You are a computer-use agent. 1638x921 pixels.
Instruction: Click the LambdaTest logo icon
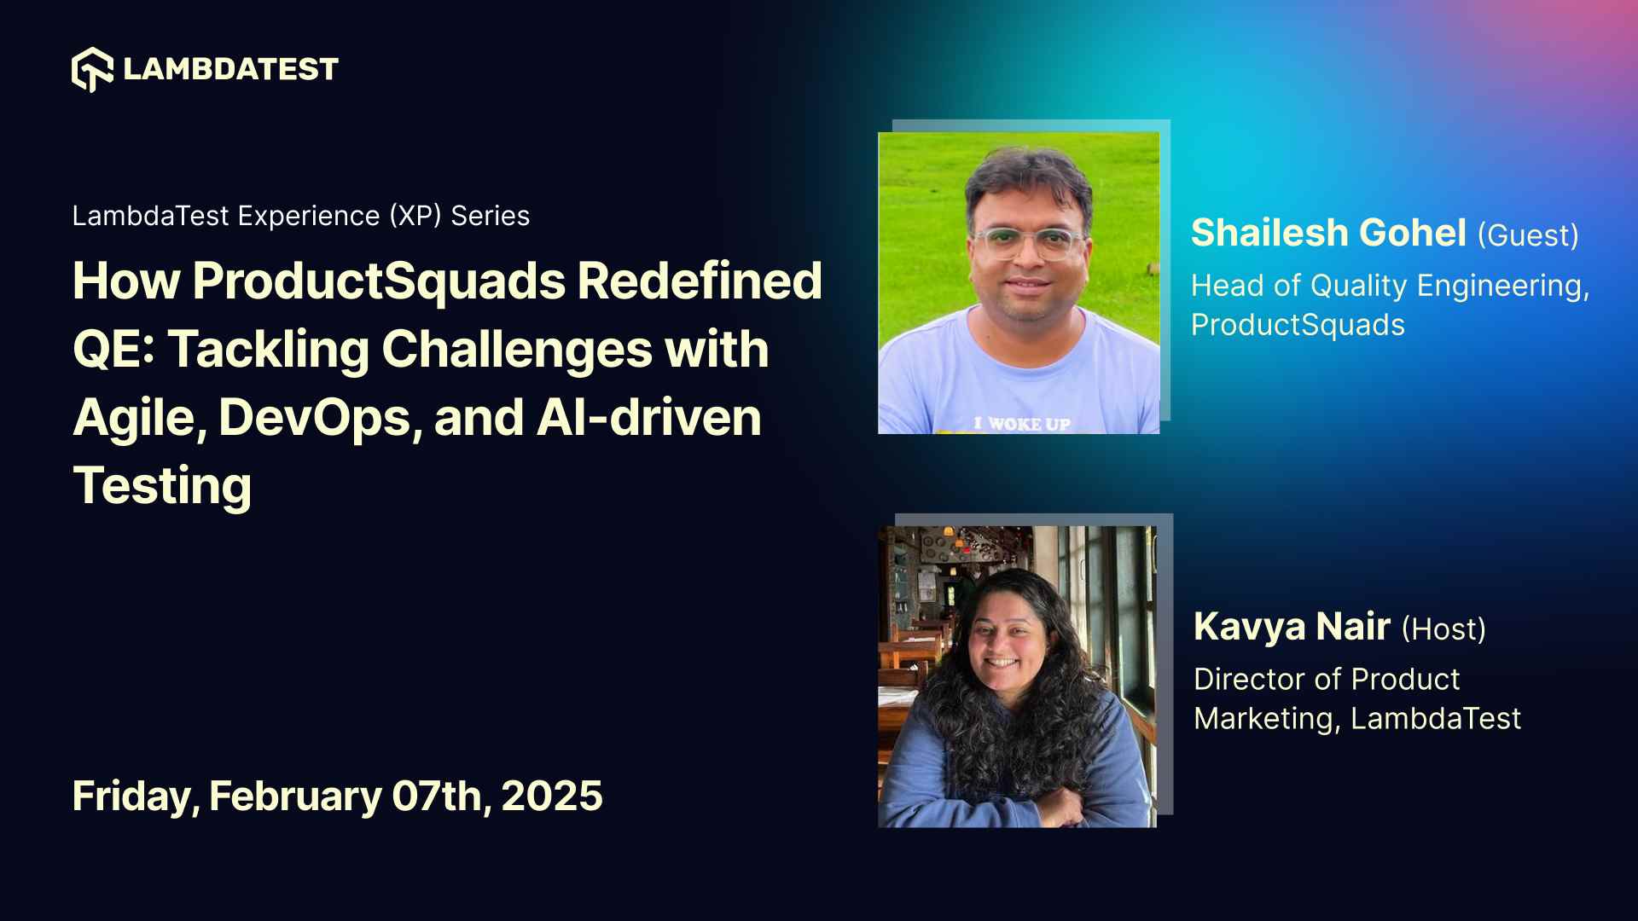pos(92,69)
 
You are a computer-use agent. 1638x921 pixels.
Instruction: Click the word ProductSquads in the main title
pos(379,281)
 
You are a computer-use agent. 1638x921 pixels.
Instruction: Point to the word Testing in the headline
pos(162,486)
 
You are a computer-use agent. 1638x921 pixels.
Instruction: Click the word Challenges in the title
pos(517,350)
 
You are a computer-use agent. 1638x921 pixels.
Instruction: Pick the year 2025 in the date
pos(552,796)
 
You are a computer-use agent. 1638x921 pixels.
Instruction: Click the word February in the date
pos(295,796)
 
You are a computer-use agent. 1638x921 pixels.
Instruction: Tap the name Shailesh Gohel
pos(1328,233)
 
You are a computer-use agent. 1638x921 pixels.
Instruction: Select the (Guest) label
pos(1528,235)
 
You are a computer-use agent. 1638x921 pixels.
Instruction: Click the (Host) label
pos(1443,629)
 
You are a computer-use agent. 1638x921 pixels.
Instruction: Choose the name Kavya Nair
pos(1292,627)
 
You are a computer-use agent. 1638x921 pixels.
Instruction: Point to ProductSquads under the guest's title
pos(1298,325)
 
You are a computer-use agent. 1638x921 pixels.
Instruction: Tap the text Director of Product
pos(1327,680)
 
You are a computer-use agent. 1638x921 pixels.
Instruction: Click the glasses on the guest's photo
pos(1028,243)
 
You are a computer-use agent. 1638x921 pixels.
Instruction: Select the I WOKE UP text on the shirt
pos(1022,424)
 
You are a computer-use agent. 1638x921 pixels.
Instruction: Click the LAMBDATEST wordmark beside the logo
pos(230,69)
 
